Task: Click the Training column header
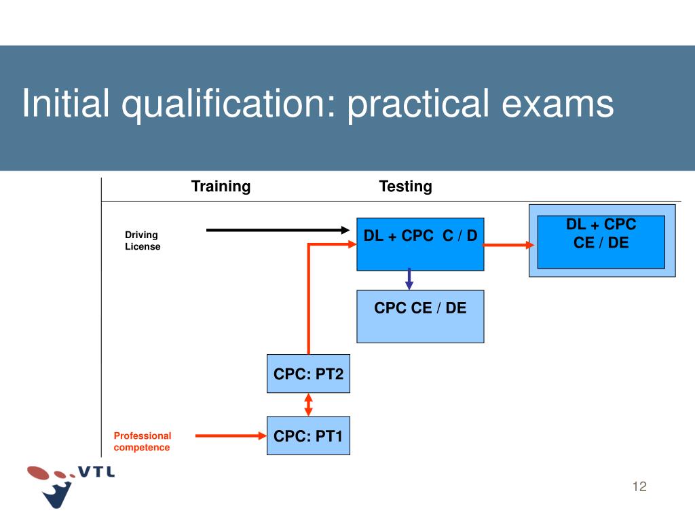click(221, 187)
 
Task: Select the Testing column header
click(405, 187)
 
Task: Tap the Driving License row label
click(143, 241)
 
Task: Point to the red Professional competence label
click(143, 442)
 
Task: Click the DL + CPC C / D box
click(420, 244)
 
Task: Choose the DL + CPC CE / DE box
click(601, 242)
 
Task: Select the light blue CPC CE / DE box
click(420, 315)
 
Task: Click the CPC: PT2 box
click(309, 374)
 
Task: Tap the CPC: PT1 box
click(309, 436)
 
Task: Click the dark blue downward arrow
click(409, 278)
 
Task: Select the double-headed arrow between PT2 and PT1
click(309, 404)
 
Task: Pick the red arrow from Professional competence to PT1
click(231, 436)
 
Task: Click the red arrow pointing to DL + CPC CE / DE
click(509, 245)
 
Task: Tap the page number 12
click(639, 486)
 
